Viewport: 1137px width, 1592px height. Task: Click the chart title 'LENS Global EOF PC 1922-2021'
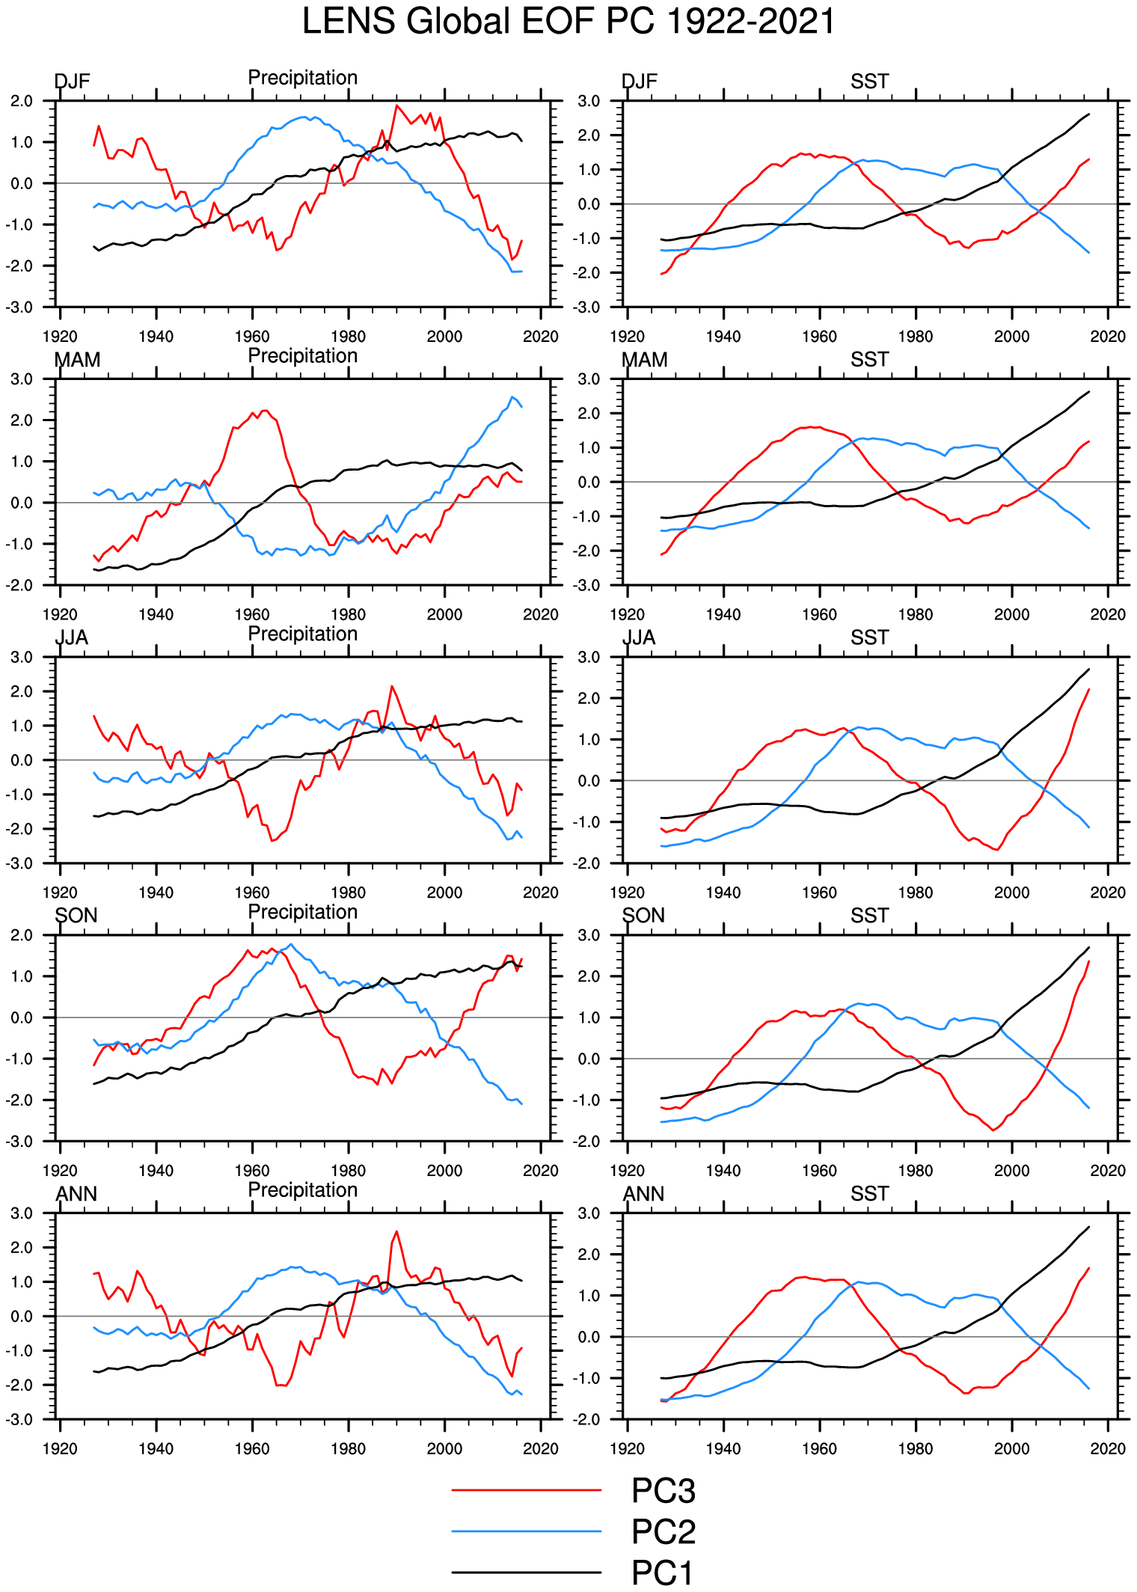pos(568,21)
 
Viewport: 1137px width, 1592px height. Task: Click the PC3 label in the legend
pos(663,1490)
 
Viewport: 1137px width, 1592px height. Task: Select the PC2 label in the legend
pos(663,1531)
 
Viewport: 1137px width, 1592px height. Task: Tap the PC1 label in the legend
pos(662,1573)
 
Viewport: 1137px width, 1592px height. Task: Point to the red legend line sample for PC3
pos(526,1490)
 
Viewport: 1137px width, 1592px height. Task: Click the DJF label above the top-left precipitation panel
pos(72,82)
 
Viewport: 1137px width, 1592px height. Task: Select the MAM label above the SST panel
pos(644,360)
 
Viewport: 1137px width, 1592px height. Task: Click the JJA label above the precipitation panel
pos(72,637)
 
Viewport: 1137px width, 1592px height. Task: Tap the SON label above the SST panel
pos(643,916)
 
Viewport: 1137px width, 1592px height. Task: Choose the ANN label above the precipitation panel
pos(76,1193)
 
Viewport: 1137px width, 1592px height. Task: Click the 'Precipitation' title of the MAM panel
pos(302,356)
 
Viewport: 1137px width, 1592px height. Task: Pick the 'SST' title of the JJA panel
pos(869,637)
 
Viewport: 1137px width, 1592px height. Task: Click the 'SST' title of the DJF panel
pos(869,82)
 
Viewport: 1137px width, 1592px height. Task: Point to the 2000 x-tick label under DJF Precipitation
pos(444,337)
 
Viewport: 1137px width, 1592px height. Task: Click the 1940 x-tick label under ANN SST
pos(723,1448)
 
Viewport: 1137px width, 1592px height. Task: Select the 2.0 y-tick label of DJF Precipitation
pos(22,101)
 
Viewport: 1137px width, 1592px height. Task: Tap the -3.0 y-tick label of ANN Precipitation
pos(20,1419)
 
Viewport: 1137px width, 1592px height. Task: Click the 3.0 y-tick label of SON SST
pos(589,935)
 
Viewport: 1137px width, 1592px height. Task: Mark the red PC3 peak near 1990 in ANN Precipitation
pos(396,1231)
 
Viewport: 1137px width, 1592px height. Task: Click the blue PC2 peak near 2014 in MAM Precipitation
pos(512,397)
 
